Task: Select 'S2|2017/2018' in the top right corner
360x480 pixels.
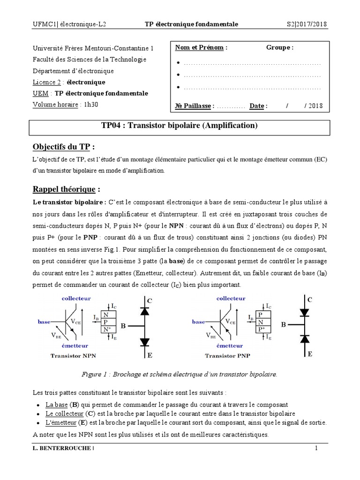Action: (x=307, y=24)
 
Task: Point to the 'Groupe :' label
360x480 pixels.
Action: (x=280, y=48)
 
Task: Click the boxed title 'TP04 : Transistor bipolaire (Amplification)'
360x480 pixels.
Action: (x=180, y=126)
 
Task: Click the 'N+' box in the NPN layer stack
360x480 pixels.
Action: (x=106, y=329)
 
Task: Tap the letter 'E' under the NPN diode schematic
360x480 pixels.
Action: (x=150, y=356)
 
